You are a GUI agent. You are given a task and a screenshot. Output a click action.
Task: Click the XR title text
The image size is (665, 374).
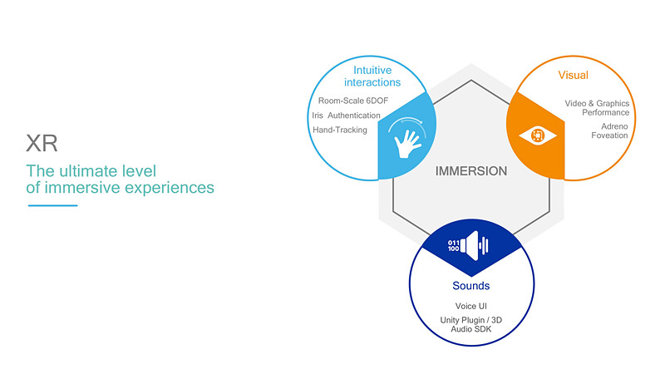point(42,143)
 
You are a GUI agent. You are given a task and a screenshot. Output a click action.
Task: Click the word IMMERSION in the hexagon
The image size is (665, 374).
point(471,171)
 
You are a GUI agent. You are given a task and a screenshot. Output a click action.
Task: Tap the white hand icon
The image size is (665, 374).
point(407,144)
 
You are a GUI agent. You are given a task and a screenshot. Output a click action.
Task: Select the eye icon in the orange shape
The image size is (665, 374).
point(538,135)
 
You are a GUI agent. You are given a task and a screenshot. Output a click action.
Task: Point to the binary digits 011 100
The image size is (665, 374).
point(453,246)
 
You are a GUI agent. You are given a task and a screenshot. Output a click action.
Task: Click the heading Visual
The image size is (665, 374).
point(573,75)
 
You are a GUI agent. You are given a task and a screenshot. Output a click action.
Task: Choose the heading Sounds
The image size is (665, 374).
point(470,285)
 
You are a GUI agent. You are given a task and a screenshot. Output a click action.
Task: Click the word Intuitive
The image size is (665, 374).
point(372,70)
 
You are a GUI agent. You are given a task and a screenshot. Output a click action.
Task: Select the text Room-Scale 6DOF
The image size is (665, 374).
point(352,101)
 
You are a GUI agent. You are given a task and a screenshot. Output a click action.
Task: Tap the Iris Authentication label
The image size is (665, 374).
point(346,116)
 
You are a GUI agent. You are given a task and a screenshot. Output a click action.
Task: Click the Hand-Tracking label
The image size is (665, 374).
point(340,130)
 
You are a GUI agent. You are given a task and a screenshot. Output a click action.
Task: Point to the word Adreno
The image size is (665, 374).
point(614,126)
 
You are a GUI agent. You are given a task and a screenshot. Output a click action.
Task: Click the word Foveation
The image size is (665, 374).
point(609,135)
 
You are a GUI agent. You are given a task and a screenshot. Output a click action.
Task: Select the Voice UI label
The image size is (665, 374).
point(470,306)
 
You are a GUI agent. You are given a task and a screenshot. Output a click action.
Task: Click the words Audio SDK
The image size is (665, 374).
point(470,329)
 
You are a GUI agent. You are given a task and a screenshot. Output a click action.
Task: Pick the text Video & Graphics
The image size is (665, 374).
point(597,103)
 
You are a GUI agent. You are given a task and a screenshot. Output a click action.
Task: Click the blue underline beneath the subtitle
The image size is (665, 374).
point(52,205)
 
